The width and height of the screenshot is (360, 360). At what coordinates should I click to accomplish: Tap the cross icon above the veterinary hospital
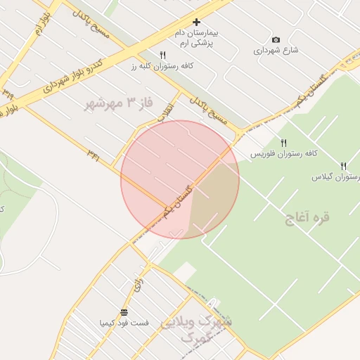click(196, 22)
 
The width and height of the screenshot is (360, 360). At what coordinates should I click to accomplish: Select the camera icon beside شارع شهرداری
click(276, 39)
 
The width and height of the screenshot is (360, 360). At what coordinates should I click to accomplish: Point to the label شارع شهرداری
click(276, 51)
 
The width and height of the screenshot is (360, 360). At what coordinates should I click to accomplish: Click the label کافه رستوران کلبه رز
click(162, 65)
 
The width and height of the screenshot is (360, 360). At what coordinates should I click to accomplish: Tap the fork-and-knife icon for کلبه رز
click(162, 54)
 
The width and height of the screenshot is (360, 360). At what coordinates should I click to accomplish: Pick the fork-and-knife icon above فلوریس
click(284, 143)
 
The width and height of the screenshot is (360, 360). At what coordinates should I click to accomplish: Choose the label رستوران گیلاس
click(335, 177)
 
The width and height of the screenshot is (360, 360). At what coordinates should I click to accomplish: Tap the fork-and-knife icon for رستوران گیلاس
click(343, 166)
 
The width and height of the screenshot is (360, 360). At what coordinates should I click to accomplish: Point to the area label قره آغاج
click(307, 217)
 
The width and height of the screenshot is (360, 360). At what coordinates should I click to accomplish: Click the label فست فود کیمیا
click(124, 323)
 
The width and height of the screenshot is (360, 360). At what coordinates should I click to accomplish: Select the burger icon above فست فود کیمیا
click(124, 312)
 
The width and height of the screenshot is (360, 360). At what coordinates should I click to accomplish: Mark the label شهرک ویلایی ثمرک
click(198, 328)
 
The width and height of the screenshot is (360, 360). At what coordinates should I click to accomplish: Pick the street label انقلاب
click(166, 112)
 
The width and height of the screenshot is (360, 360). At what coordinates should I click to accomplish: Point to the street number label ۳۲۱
click(93, 153)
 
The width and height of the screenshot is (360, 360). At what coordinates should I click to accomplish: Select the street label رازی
click(138, 283)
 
